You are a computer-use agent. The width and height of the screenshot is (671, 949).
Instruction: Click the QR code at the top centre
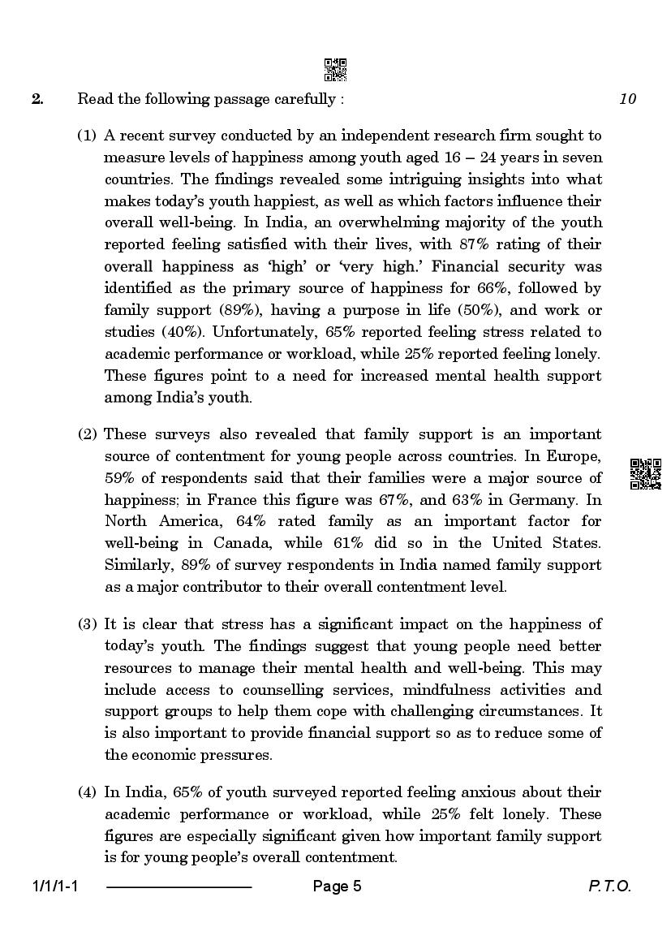pyautogui.click(x=335, y=70)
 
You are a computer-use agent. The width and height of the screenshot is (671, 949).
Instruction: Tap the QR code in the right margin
pyautogui.click(x=646, y=473)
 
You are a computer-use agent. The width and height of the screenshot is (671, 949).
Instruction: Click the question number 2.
pyautogui.click(x=37, y=99)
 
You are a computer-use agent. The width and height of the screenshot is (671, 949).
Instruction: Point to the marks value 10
pyautogui.click(x=627, y=99)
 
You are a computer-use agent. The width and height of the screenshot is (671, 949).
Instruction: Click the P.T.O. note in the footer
pyautogui.click(x=609, y=886)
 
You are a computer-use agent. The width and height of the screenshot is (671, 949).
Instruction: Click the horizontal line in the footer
pyautogui.click(x=179, y=887)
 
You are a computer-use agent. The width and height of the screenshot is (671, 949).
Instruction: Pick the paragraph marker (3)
pyautogui.click(x=88, y=624)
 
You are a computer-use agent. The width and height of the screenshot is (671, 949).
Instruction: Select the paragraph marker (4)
pyautogui.click(x=88, y=792)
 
